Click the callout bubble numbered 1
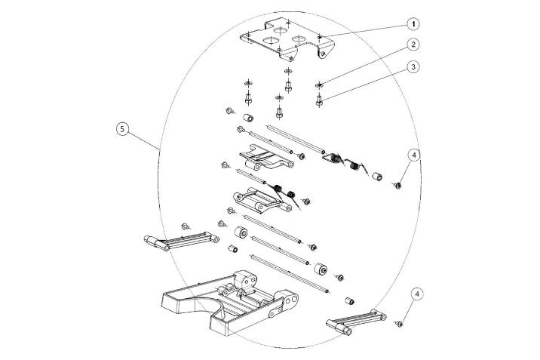[x=413, y=24]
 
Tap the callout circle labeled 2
[x=413, y=45]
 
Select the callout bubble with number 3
[x=413, y=66]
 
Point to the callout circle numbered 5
[x=122, y=129]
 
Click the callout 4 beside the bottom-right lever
[x=417, y=294]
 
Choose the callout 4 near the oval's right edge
[x=413, y=155]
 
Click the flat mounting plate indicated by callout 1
[x=287, y=38]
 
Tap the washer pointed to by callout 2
[x=319, y=85]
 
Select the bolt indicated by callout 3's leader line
[x=319, y=101]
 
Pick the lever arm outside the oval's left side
[x=181, y=240]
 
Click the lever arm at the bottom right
[x=356, y=322]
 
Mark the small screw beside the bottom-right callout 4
[x=399, y=324]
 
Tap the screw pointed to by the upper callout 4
[x=397, y=186]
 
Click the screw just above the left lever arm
[x=186, y=226]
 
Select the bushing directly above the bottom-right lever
[x=350, y=301]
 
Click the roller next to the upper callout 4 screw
[x=377, y=177]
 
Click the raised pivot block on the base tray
[x=245, y=281]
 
